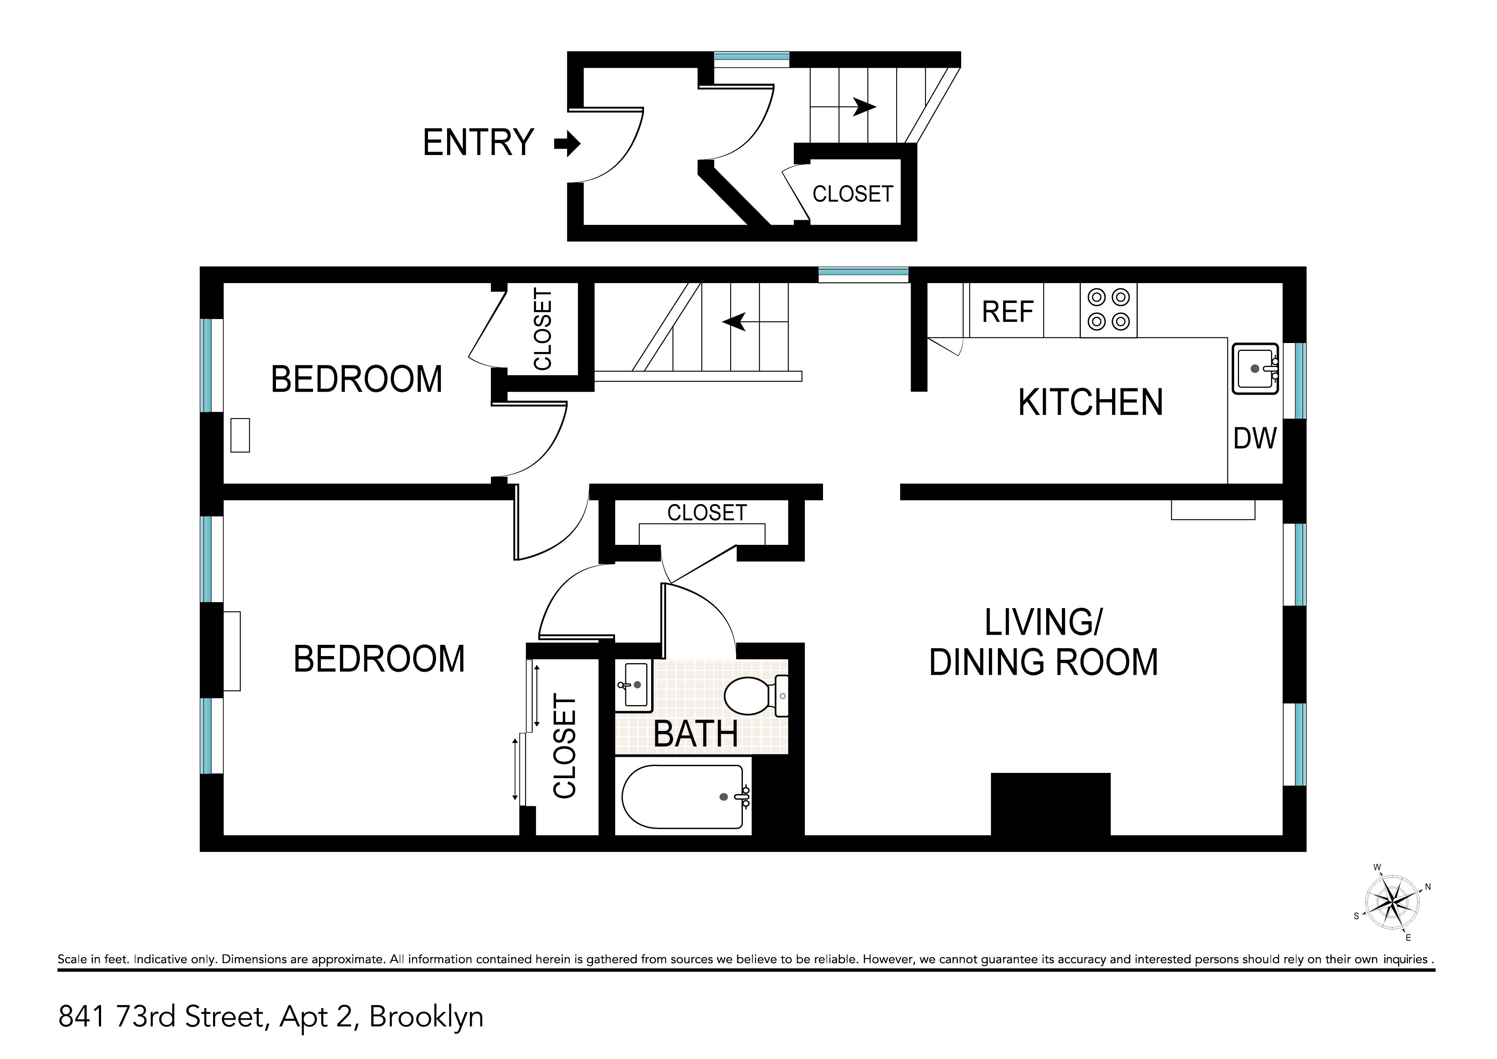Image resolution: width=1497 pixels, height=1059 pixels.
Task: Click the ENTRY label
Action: coord(479,142)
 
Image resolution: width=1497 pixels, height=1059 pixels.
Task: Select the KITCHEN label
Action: coord(1090,402)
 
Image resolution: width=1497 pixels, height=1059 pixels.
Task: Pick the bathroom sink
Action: coord(633,685)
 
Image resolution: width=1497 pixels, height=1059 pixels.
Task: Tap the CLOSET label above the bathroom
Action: coord(707,513)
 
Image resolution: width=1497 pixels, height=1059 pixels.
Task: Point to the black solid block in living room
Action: coord(1050,804)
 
